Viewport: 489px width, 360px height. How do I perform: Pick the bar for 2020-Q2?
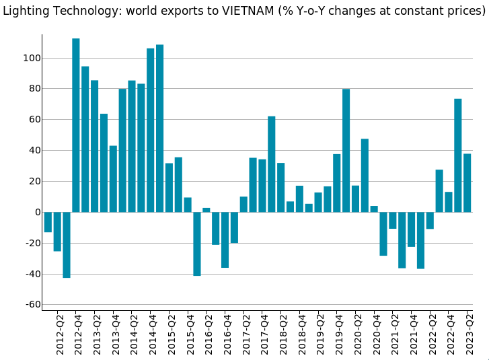(355, 199)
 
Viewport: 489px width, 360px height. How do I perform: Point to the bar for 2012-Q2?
(57, 231)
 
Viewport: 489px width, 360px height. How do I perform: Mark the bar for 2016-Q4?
(225, 240)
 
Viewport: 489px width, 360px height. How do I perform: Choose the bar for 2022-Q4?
(449, 202)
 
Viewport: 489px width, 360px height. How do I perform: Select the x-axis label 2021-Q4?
(412, 334)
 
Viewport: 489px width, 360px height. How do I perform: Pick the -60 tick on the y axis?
(31, 305)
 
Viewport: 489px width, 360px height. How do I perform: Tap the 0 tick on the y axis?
(38, 213)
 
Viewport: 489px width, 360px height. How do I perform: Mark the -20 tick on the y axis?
(31, 244)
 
